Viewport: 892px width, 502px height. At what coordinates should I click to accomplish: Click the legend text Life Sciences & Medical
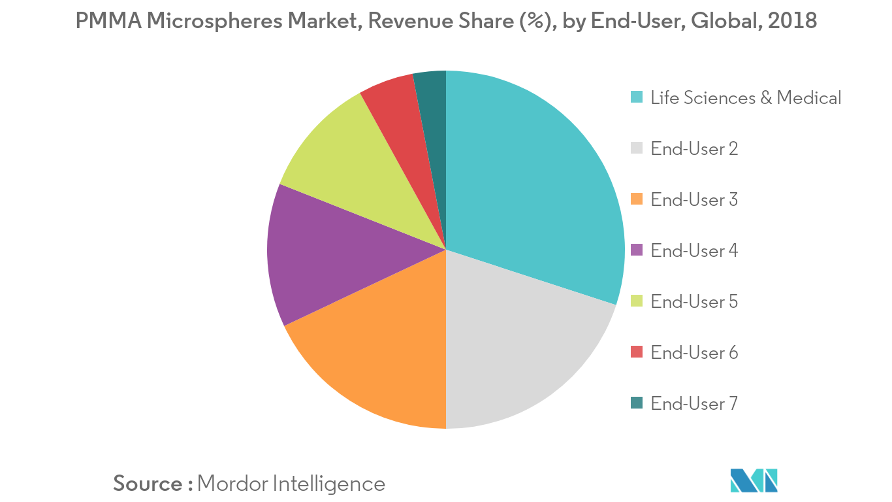click(x=746, y=98)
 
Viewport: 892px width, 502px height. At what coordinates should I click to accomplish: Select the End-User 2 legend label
click(x=694, y=149)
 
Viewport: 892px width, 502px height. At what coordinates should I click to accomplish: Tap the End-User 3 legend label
click(x=694, y=200)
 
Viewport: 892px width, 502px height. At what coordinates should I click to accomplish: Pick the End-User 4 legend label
click(x=694, y=251)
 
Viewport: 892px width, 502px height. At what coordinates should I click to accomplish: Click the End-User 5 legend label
click(x=694, y=302)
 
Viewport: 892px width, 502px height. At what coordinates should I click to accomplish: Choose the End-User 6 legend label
click(x=694, y=353)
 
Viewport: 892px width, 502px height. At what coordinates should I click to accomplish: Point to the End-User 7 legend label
click(x=694, y=404)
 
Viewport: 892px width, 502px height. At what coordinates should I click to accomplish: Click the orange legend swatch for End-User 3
click(x=637, y=199)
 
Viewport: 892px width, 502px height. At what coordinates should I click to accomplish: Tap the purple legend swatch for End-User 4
click(x=637, y=250)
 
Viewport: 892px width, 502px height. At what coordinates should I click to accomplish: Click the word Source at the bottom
click(x=148, y=484)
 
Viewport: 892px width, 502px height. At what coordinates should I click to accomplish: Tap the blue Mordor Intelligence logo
click(x=754, y=480)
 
